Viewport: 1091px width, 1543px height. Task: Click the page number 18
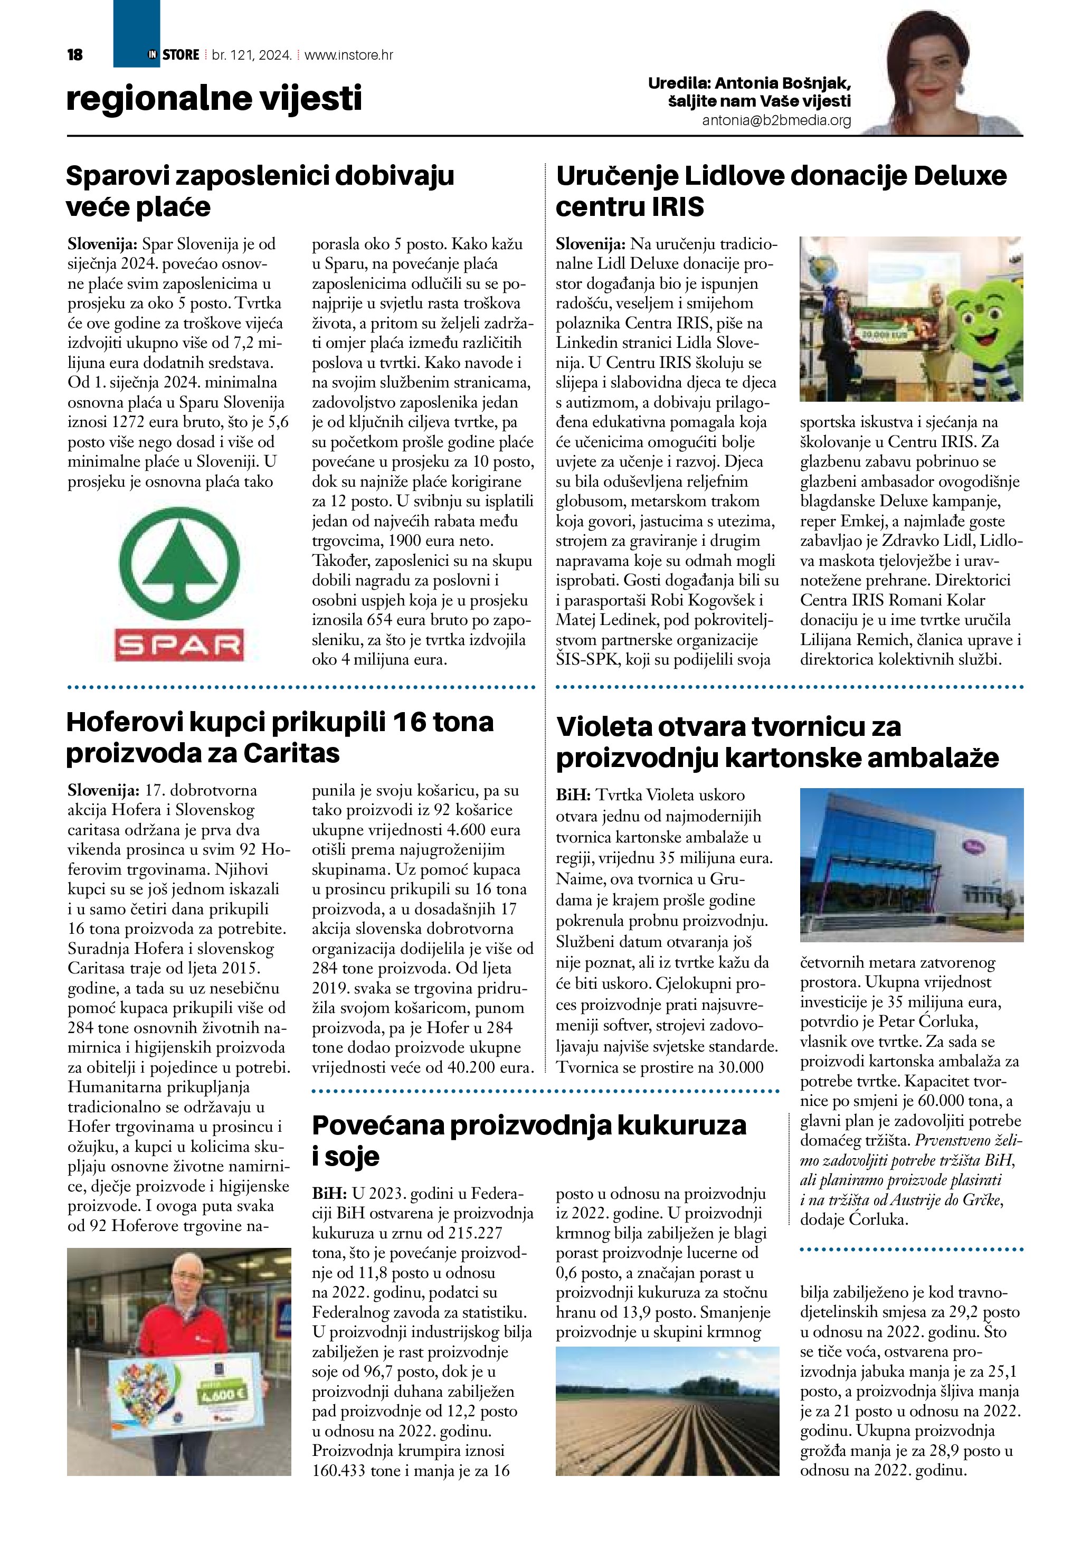pyautogui.click(x=74, y=55)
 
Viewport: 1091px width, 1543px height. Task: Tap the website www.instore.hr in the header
pyautogui.click(x=349, y=55)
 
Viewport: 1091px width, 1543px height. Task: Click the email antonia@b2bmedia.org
pyautogui.click(x=776, y=121)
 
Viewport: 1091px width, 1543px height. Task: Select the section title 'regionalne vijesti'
pyautogui.click(x=214, y=98)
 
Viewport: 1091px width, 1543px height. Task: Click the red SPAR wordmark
pyautogui.click(x=179, y=645)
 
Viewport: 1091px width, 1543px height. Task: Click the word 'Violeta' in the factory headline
pyautogui.click(x=606, y=726)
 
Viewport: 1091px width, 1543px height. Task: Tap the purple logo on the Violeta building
pyautogui.click(x=973, y=846)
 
